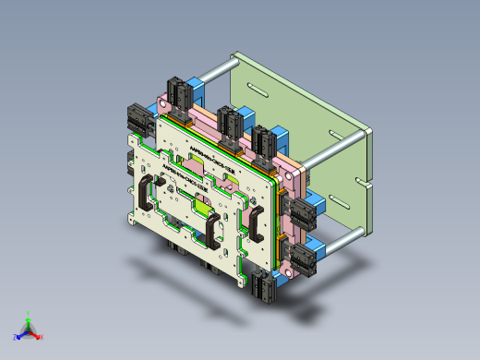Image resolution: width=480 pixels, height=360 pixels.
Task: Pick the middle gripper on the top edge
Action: (x=228, y=121)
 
